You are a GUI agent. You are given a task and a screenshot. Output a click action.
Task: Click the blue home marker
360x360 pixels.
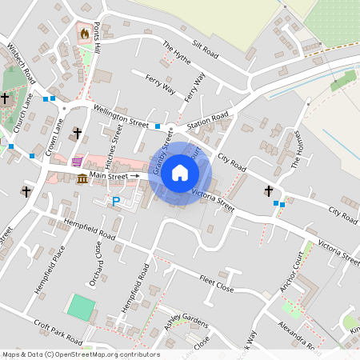click(180, 173)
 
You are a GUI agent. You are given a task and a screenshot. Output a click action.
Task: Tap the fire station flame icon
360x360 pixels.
click(83, 34)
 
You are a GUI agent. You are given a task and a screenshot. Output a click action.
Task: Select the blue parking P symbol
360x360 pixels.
click(115, 202)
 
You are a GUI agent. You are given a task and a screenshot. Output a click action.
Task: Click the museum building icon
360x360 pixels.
click(82, 178)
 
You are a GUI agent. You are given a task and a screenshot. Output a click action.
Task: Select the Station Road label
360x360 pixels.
click(207, 122)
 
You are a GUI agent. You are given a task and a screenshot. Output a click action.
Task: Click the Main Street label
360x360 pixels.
click(109, 175)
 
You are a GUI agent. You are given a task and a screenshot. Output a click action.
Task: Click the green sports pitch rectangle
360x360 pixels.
click(80, 307)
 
